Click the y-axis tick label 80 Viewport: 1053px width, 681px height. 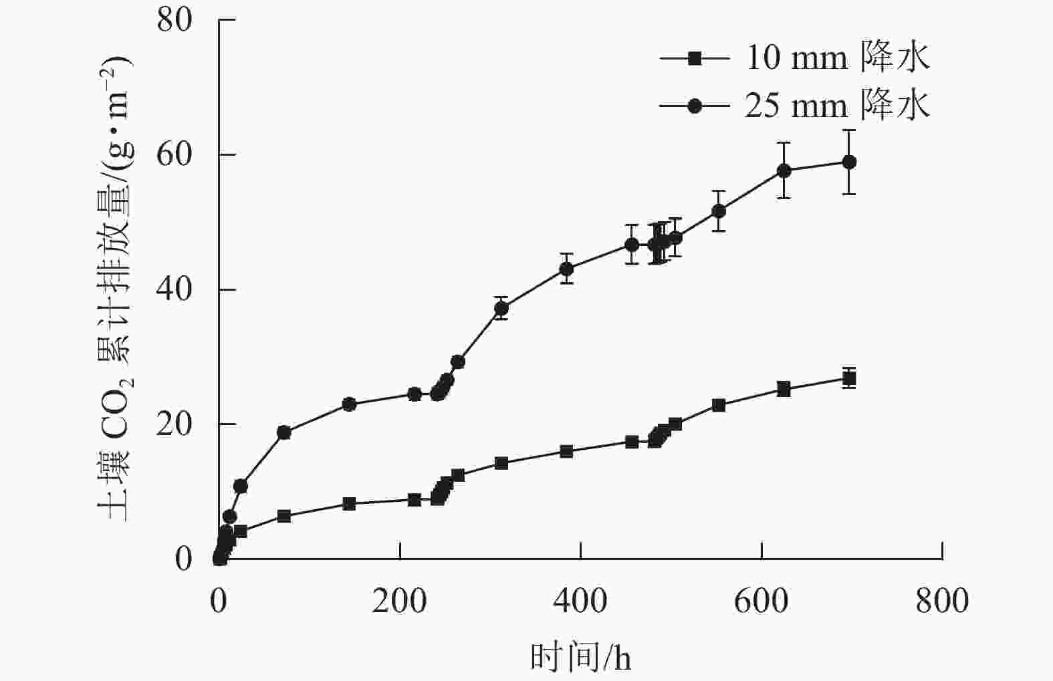click(x=174, y=20)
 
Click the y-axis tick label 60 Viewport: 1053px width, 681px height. click(x=174, y=155)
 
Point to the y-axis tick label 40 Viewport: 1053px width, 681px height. click(x=174, y=290)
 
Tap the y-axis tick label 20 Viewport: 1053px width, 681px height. click(x=174, y=424)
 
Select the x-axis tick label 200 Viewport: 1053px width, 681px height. click(x=399, y=601)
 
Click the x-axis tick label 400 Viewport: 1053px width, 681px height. click(x=580, y=601)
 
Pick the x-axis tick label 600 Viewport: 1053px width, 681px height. click(x=762, y=601)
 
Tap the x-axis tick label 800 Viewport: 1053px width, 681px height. click(x=942, y=601)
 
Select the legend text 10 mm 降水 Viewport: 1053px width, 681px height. click(x=837, y=58)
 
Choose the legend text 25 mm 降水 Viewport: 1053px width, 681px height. click(x=837, y=106)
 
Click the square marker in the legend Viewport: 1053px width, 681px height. click(x=695, y=58)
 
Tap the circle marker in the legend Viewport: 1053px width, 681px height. click(x=695, y=106)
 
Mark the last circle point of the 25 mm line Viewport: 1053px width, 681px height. click(x=849, y=162)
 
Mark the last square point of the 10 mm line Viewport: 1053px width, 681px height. click(x=849, y=379)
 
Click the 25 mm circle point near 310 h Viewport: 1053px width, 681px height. click(x=501, y=308)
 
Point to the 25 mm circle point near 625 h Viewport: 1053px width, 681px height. click(x=784, y=170)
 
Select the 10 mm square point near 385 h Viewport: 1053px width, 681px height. click(x=566, y=451)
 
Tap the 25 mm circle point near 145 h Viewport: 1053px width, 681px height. click(x=349, y=404)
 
